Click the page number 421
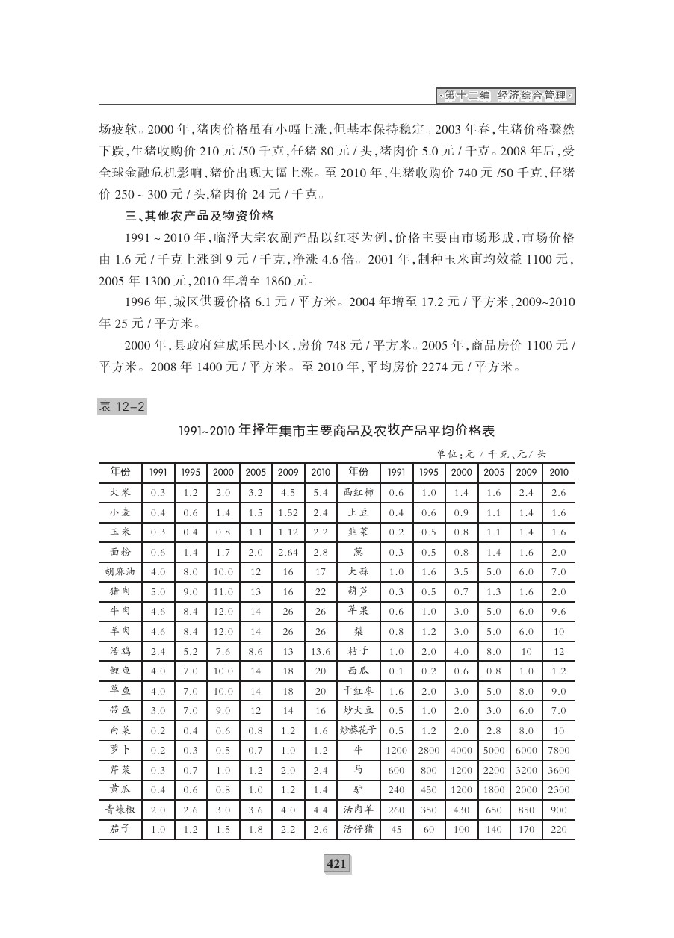(x=336, y=863)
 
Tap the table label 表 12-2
(x=122, y=406)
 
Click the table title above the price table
(x=336, y=431)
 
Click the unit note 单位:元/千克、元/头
(x=492, y=453)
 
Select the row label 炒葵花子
(x=358, y=730)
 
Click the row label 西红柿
(x=358, y=492)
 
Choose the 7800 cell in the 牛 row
(x=558, y=750)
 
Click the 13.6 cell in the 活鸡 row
(x=321, y=651)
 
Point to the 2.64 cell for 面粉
(x=288, y=552)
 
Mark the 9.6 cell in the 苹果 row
(x=558, y=611)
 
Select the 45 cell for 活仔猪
(x=396, y=828)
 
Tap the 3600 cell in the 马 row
(x=558, y=769)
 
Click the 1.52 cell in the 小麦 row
(x=288, y=512)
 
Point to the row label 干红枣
(x=358, y=690)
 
